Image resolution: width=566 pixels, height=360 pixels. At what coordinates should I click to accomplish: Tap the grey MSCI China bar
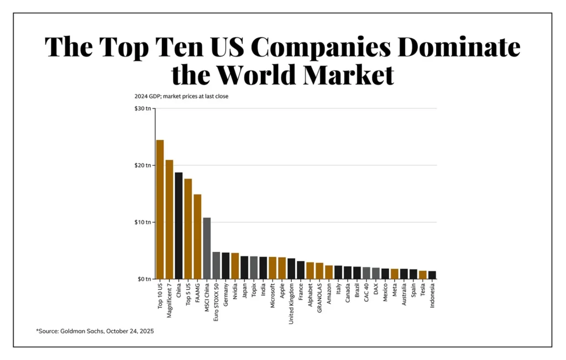click(207, 248)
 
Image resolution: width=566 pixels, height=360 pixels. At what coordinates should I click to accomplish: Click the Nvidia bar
click(235, 266)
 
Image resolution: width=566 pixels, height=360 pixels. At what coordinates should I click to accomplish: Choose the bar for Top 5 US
click(188, 229)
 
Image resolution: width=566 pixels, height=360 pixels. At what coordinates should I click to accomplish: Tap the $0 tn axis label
click(144, 279)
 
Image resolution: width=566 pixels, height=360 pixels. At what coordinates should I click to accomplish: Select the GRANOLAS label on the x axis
click(319, 299)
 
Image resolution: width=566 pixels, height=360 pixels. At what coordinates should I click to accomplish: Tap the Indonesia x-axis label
click(432, 297)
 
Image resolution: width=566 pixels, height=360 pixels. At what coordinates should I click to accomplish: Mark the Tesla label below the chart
click(423, 291)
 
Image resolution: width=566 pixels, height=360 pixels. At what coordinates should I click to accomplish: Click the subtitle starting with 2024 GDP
click(181, 96)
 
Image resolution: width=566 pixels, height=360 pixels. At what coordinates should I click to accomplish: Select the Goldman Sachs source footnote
click(95, 331)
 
